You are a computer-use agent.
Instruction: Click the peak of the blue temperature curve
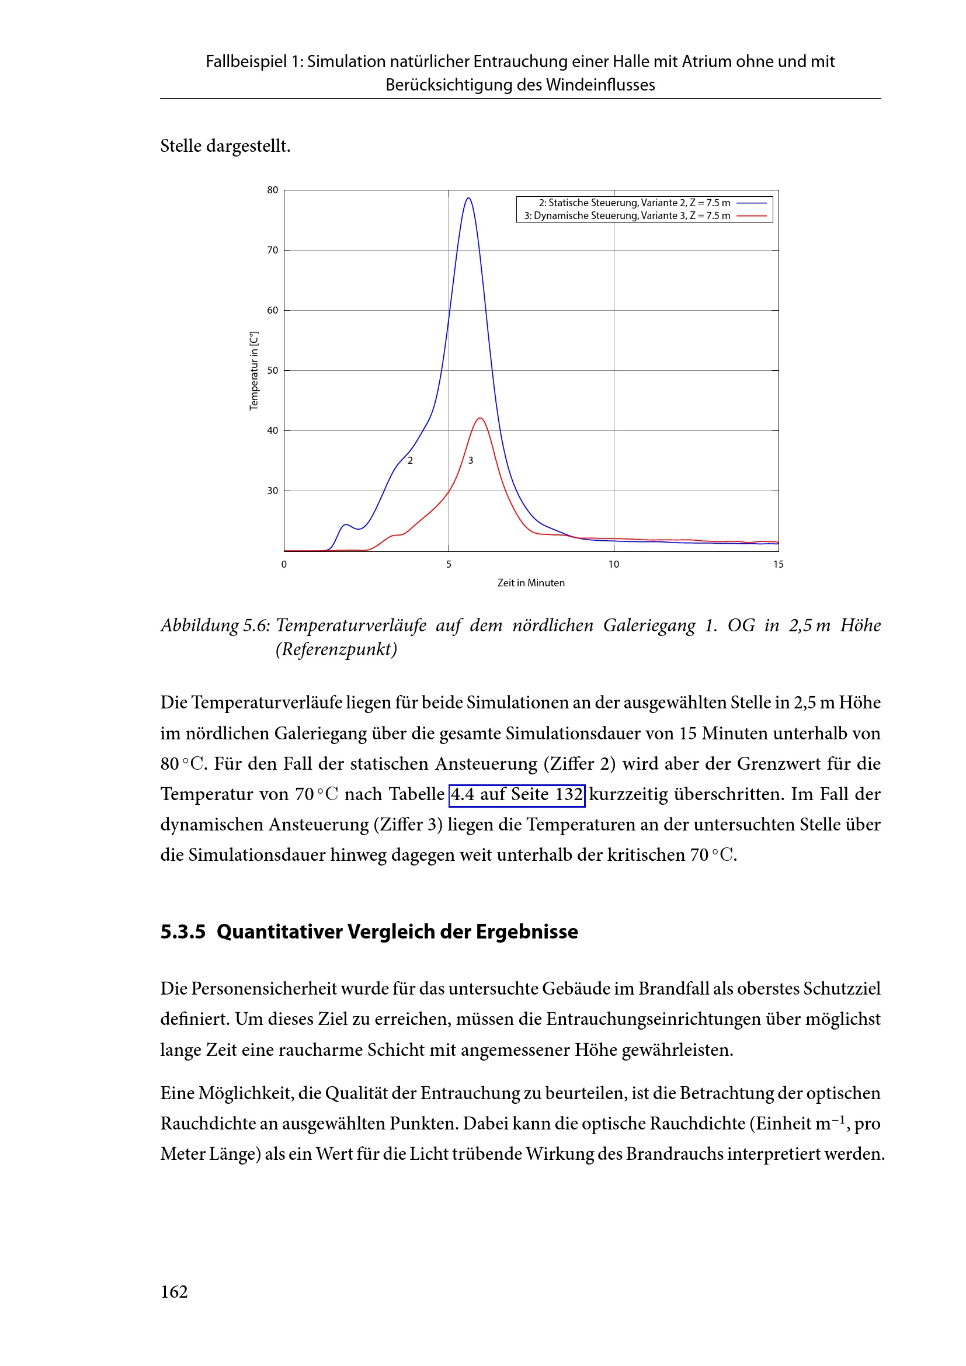coord(469,198)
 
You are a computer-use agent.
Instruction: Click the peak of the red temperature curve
coord(479,418)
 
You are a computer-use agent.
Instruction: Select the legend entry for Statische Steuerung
coord(634,203)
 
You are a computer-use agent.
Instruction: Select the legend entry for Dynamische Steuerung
coord(627,215)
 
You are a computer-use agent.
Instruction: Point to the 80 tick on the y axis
coord(272,190)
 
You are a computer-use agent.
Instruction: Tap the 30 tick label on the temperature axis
coord(272,491)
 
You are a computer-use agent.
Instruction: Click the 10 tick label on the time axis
coord(613,564)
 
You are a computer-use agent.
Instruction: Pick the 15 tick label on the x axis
coord(778,564)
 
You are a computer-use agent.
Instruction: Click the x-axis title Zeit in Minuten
coord(530,583)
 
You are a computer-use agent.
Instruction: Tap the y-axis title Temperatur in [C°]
coord(254,371)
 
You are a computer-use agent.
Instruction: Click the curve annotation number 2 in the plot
coord(411,460)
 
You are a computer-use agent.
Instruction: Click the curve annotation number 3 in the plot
coord(471,460)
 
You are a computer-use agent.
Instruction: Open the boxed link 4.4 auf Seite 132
coord(516,795)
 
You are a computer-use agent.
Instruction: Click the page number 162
coord(173,1292)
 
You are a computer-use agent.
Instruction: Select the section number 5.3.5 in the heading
coord(183,931)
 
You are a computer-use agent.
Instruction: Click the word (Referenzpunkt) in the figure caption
coord(336,649)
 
